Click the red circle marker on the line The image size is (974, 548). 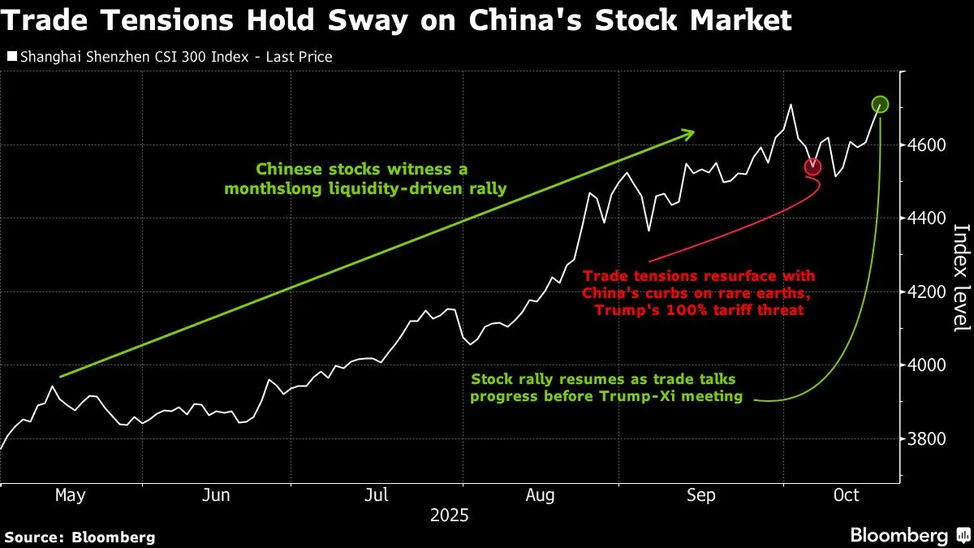812,167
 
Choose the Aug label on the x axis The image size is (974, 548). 541,495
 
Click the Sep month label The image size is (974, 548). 701,495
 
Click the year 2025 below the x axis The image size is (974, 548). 449,516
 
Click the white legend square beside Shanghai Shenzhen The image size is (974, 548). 11,57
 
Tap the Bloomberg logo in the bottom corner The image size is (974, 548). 909,535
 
